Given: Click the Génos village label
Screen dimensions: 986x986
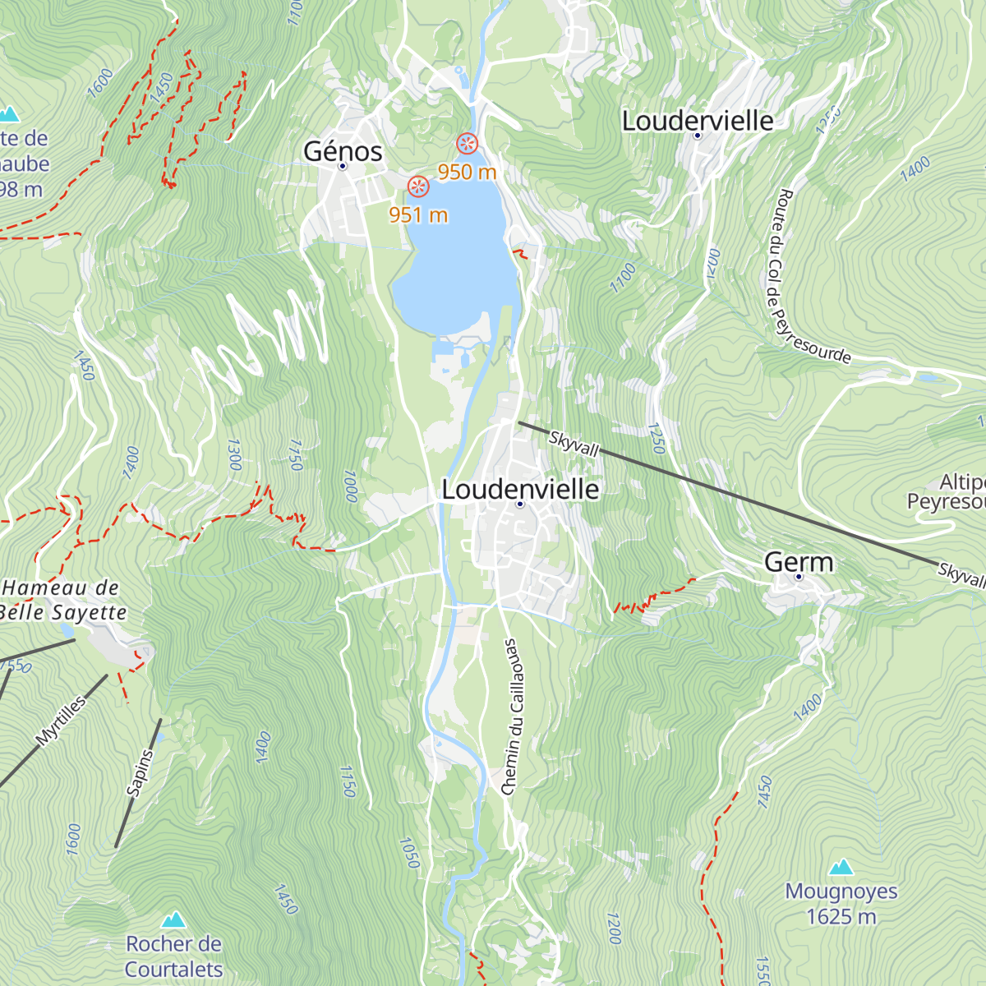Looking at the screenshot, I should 343,151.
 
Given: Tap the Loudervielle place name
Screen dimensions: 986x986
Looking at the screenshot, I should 697,121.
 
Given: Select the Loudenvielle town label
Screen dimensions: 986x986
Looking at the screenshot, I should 520,489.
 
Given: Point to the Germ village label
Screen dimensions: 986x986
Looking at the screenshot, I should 799,562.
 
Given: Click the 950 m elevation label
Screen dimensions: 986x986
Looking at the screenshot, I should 467,172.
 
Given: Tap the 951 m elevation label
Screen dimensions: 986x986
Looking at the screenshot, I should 418,214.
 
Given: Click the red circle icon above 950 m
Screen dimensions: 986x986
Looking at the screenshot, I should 468,144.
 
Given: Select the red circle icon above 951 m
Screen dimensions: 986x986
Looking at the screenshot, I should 418,187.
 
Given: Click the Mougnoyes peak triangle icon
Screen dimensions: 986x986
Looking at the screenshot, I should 841,867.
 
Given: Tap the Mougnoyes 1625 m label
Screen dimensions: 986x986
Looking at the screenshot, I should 841,904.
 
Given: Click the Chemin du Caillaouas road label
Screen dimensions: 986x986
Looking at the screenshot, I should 510,716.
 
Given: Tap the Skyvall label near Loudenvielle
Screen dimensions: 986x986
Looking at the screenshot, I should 574,444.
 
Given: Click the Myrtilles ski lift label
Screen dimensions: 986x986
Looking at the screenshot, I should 61,721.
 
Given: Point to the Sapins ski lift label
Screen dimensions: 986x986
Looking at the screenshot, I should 140,772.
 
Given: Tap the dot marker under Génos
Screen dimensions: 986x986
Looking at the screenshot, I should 343,167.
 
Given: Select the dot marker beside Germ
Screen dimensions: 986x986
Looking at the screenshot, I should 798,578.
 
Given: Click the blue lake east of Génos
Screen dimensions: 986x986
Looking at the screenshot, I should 456,263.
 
